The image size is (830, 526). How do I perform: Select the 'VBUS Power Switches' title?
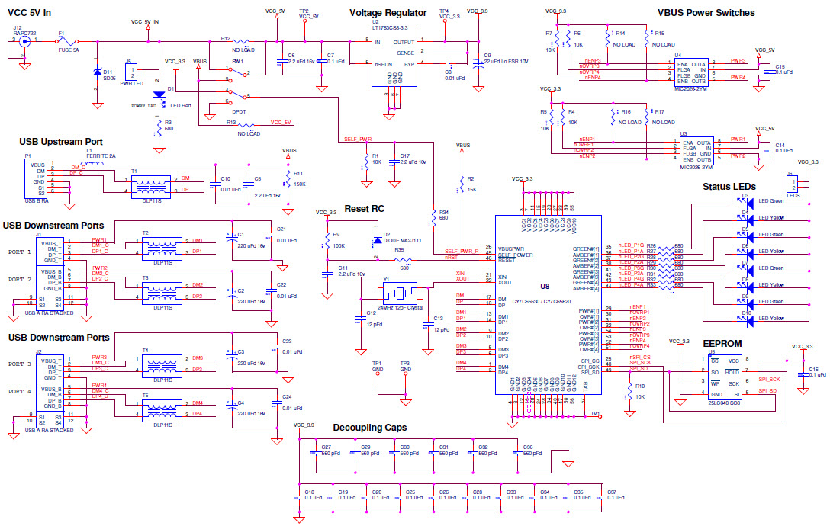point(706,13)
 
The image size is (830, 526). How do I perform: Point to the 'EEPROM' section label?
point(722,344)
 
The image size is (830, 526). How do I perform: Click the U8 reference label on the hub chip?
point(545,286)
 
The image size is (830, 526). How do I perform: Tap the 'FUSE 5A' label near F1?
point(68,51)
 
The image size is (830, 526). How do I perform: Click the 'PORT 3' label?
point(19,364)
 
